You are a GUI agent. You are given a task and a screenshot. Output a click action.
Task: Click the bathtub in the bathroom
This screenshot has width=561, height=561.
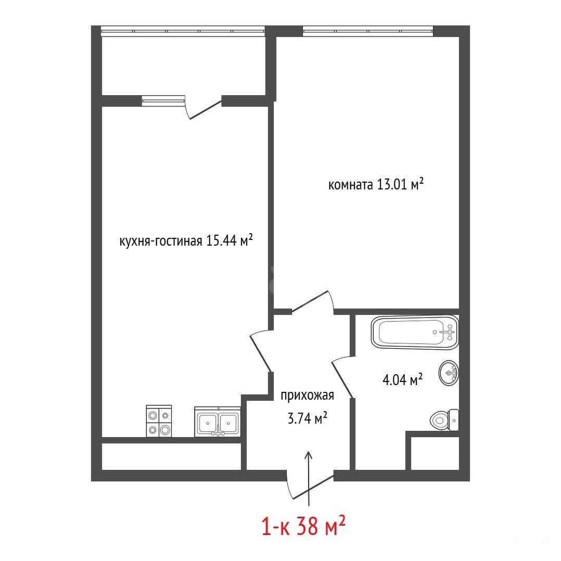415,332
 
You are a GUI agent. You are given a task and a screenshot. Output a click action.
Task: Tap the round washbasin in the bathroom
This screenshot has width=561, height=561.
449,373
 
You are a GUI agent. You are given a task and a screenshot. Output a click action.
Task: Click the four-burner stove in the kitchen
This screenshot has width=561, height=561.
159,420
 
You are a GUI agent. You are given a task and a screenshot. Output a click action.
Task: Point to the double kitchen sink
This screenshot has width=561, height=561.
218,422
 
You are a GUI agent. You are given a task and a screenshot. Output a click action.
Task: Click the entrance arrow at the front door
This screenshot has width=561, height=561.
309,479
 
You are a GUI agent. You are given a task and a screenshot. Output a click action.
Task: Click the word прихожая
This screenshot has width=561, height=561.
308,396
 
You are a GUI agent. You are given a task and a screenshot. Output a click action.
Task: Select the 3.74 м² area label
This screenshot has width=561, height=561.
308,417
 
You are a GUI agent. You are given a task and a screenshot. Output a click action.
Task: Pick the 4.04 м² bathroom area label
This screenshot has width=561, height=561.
402,379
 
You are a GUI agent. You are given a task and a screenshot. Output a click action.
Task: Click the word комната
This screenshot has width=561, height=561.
350,185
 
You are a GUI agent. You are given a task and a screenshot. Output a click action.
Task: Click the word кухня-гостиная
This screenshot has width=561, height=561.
161,241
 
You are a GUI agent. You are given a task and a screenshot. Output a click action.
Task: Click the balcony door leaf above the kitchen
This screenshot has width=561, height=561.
206,110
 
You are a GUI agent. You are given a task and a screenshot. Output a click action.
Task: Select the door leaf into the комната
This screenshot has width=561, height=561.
310,301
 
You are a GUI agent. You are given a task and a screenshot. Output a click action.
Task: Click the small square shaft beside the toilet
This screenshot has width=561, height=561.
435,453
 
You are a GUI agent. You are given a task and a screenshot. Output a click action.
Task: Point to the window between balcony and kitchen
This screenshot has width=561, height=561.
163,101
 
